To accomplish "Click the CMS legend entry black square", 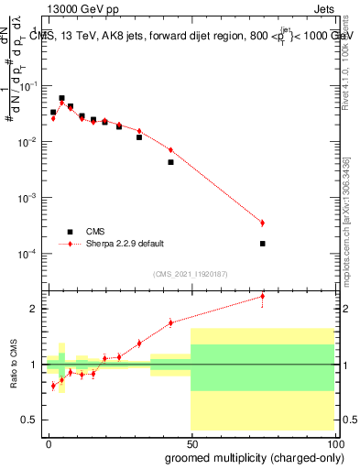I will point(68,232).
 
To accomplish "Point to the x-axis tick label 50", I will point(191,443).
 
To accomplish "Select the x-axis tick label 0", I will point(49,443).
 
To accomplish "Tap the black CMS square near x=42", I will point(170,162).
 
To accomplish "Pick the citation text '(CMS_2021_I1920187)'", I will point(190,274).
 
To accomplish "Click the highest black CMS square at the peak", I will point(61,98).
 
